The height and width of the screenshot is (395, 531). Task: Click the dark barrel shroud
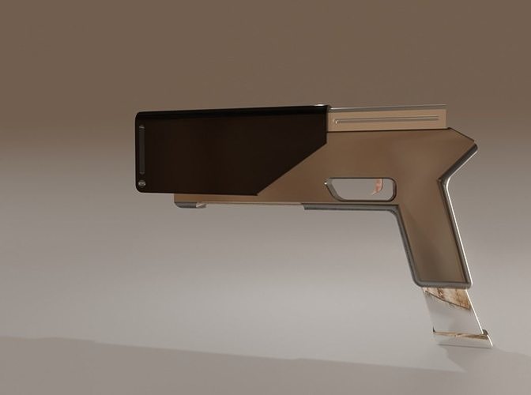(221, 150)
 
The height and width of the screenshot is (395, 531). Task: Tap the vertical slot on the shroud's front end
(142, 149)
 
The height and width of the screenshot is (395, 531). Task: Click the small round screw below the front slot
(142, 184)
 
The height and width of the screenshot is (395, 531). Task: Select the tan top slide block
(387, 118)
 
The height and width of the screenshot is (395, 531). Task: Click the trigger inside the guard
(378, 187)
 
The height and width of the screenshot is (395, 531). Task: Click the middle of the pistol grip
(431, 237)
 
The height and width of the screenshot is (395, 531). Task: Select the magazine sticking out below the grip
(454, 316)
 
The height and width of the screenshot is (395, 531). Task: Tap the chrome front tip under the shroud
(190, 205)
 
